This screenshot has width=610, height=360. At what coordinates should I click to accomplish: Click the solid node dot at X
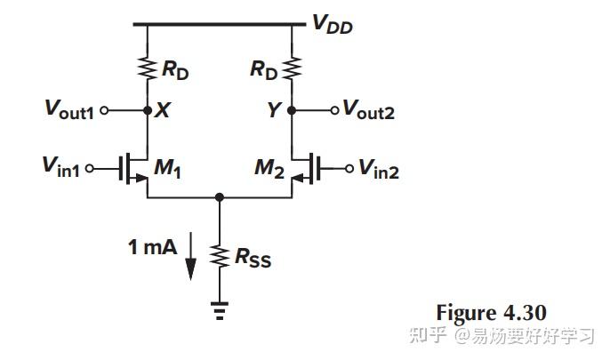pyautogui.click(x=148, y=111)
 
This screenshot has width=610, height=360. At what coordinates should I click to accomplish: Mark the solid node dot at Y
pyautogui.click(x=293, y=111)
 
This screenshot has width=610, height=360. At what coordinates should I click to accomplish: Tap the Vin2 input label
pyautogui.click(x=380, y=169)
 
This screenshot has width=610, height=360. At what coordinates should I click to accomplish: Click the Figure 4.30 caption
pyautogui.click(x=490, y=312)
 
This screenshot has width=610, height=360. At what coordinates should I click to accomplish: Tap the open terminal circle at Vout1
pyautogui.click(x=104, y=111)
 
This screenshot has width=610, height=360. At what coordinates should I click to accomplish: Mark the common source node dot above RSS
pyautogui.click(x=220, y=197)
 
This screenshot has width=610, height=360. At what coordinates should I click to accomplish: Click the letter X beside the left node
pyautogui.click(x=163, y=111)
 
